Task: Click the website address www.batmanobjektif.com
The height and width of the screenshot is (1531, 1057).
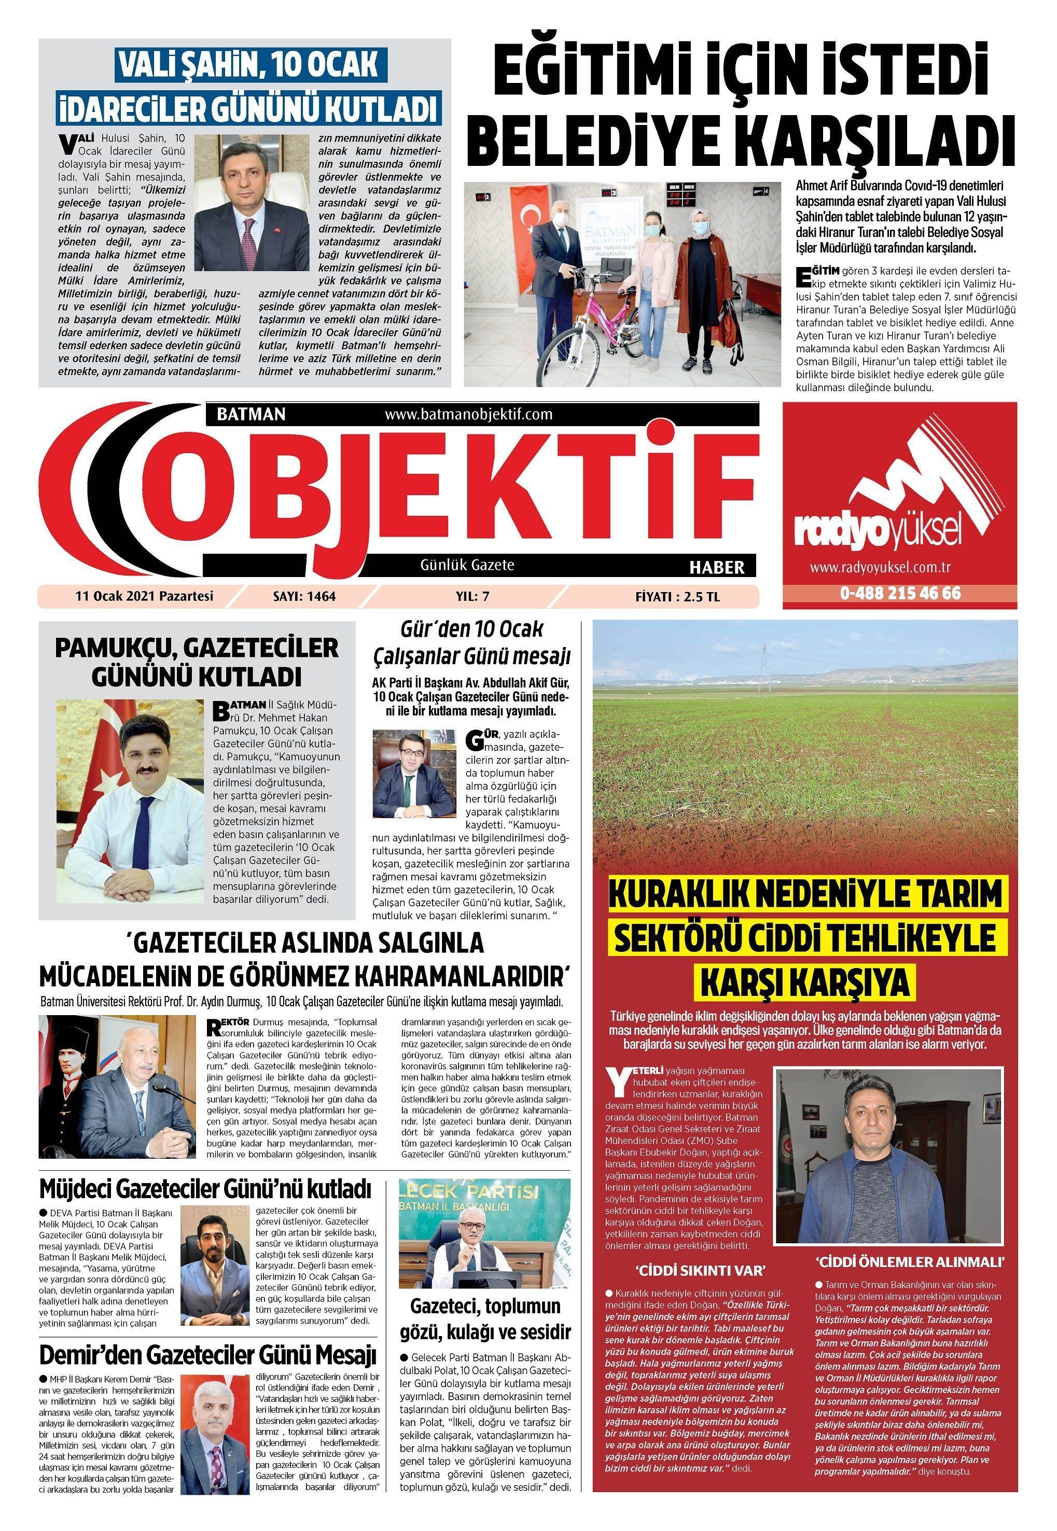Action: (x=468, y=414)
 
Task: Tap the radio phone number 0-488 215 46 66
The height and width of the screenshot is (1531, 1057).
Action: (x=900, y=593)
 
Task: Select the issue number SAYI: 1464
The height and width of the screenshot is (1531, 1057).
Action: (x=304, y=596)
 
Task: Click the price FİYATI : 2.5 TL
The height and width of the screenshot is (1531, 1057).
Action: (x=677, y=596)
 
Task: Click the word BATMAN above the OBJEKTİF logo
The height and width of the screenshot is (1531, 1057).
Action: (x=251, y=414)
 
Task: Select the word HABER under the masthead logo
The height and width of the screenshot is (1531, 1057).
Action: (x=717, y=567)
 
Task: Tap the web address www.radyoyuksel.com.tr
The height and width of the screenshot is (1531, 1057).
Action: (x=880, y=567)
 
